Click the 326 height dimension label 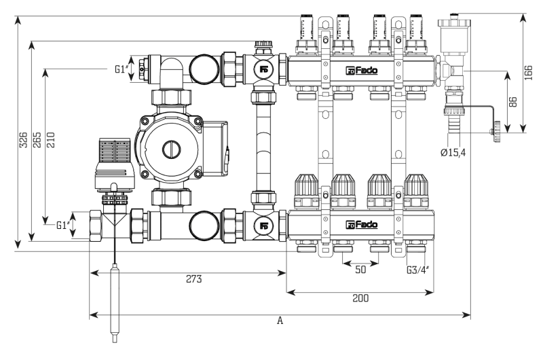(x=23, y=140)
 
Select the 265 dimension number (x=37, y=140)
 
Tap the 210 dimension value (x=51, y=140)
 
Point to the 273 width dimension (x=194, y=279)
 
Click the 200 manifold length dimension (x=360, y=298)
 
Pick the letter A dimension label (x=280, y=321)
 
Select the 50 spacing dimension (x=360, y=270)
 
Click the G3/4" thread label (x=418, y=270)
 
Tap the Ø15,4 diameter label (x=453, y=152)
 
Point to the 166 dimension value (x=529, y=73)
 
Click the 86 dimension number (x=513, y=102)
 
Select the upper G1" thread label (x=121, y=69)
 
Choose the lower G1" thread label (x=63, y=226)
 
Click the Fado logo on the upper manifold (x=362, y=71)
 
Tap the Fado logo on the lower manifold (x=362, y=225)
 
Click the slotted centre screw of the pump (x=172, y=149)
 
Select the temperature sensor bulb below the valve (x=115, y=303)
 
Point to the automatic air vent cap (x=453, y=22)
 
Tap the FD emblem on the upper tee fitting (x=264, y=69)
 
